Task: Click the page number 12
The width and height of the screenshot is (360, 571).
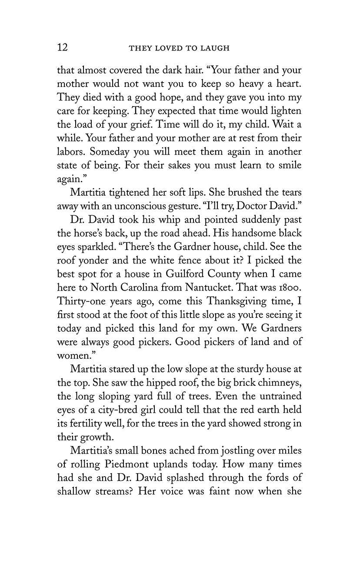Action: point(63,47)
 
